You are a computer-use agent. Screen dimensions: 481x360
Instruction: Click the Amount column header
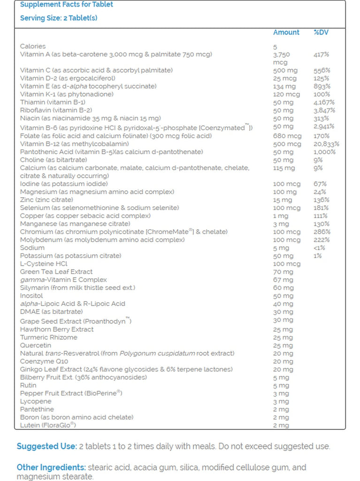286,32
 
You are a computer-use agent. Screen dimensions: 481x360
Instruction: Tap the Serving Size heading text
59,18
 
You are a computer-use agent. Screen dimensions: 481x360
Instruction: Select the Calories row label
33,46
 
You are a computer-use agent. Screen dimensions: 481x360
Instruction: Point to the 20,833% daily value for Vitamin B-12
326,144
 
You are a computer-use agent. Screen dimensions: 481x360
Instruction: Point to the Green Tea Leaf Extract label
56,272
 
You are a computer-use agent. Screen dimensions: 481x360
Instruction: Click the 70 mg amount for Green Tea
283,272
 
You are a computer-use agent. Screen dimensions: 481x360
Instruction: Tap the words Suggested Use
46,446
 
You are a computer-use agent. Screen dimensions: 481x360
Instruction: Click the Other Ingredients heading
51,467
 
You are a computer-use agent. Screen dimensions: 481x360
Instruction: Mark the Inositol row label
31,296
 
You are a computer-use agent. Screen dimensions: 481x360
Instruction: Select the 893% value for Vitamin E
322,86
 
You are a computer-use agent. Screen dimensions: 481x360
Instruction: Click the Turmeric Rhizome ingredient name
49,337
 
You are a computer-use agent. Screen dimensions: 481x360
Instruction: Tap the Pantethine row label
37,409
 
